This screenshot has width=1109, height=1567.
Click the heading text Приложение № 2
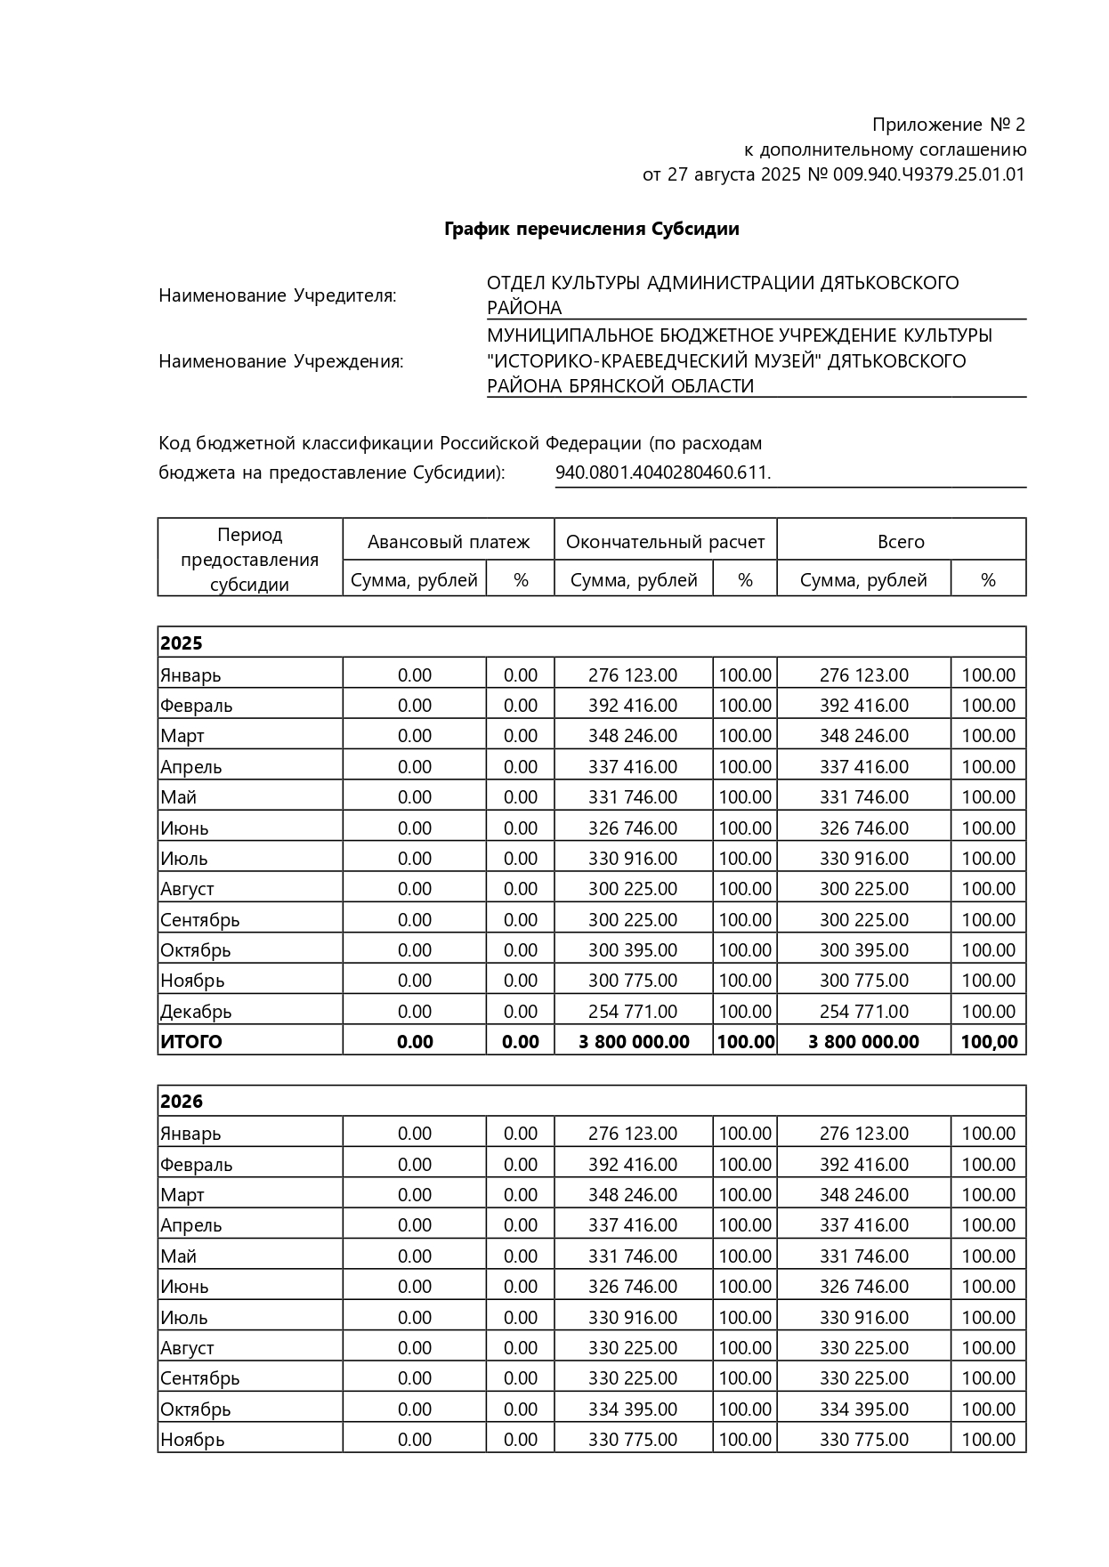click(948, 125)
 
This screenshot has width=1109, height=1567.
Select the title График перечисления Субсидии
click(592, 230)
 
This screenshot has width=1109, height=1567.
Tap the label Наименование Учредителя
click(278, 295)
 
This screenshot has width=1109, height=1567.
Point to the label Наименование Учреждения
click(281, 361)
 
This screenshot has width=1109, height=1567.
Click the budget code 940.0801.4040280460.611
click(663, 473)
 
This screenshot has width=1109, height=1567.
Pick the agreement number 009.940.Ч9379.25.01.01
click(929, 174)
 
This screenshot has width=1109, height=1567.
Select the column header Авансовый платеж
click(449, 542)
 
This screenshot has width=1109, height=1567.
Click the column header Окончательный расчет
click(665, 542)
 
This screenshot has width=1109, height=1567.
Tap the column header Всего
click(901, 542)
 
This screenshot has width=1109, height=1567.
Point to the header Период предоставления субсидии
click(250, 560)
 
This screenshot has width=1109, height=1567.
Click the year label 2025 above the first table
click(182, 643)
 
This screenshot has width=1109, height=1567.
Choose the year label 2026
click(182, 1102)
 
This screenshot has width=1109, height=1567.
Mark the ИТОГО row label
click(191, 1042)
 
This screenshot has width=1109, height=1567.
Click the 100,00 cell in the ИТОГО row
click(989, 1042)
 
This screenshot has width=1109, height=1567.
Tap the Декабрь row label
click(196, 1012)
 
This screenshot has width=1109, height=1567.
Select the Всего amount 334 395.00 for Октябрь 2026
click(863, 1409)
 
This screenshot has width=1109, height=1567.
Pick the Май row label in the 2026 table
click(179, 1256)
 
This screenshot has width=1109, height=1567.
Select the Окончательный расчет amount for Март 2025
click(632, 736)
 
